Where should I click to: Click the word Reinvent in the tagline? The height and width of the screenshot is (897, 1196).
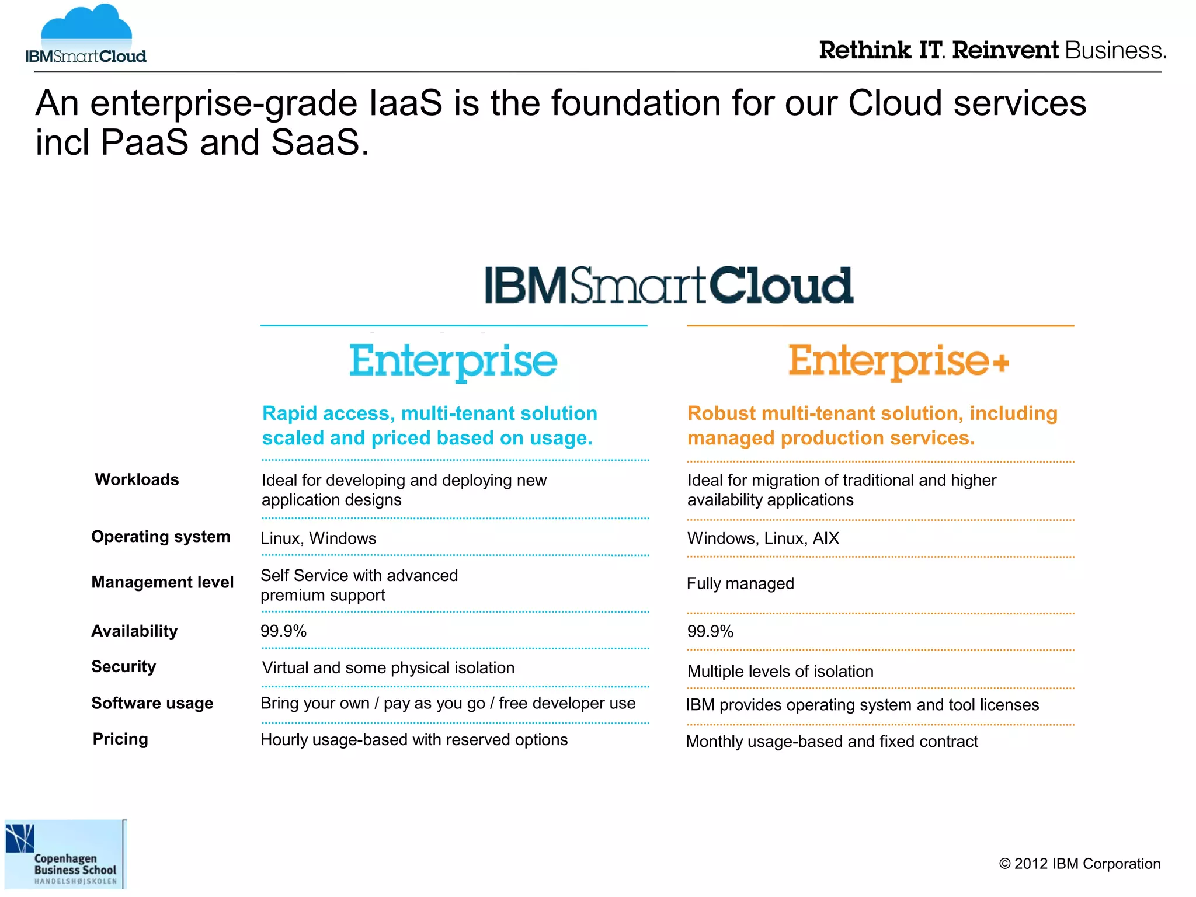tap(1004, 50)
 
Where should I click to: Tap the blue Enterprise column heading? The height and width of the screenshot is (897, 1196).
tap(453, 361)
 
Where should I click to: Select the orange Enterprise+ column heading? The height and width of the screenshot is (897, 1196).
tap(898, 361)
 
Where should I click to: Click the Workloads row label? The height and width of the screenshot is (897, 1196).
tap(137, 479)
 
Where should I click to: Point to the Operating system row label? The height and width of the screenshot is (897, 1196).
tap(161, 537)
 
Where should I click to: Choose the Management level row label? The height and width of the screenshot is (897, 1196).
tap(162, 582)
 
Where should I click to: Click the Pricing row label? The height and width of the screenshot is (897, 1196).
tap(120, 739)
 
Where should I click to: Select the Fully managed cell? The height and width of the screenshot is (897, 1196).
tap(740, 583)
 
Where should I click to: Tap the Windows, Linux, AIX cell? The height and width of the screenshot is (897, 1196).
tap(763, 538)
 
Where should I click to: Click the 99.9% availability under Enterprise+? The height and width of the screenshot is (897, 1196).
tap(710, 631)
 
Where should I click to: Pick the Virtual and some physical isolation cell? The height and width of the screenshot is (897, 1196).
tap(388, 667)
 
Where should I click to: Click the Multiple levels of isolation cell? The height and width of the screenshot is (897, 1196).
tap(780, 671)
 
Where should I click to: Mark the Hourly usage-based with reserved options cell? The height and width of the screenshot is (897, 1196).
tap(413, 739)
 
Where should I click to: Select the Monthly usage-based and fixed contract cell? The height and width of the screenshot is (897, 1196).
tap(832, 741)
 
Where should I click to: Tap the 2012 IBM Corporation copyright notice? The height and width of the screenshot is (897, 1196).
tap(1079, 864)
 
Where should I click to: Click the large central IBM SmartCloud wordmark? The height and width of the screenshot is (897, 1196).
tap(668, 286)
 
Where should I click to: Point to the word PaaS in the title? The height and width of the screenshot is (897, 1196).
tap(144, 142)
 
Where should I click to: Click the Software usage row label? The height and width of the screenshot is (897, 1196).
tap(152, 703)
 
